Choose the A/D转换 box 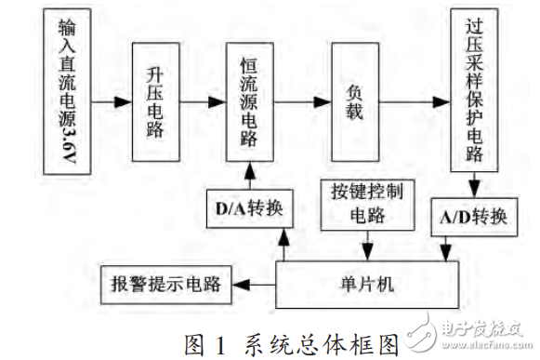(471, 217)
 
